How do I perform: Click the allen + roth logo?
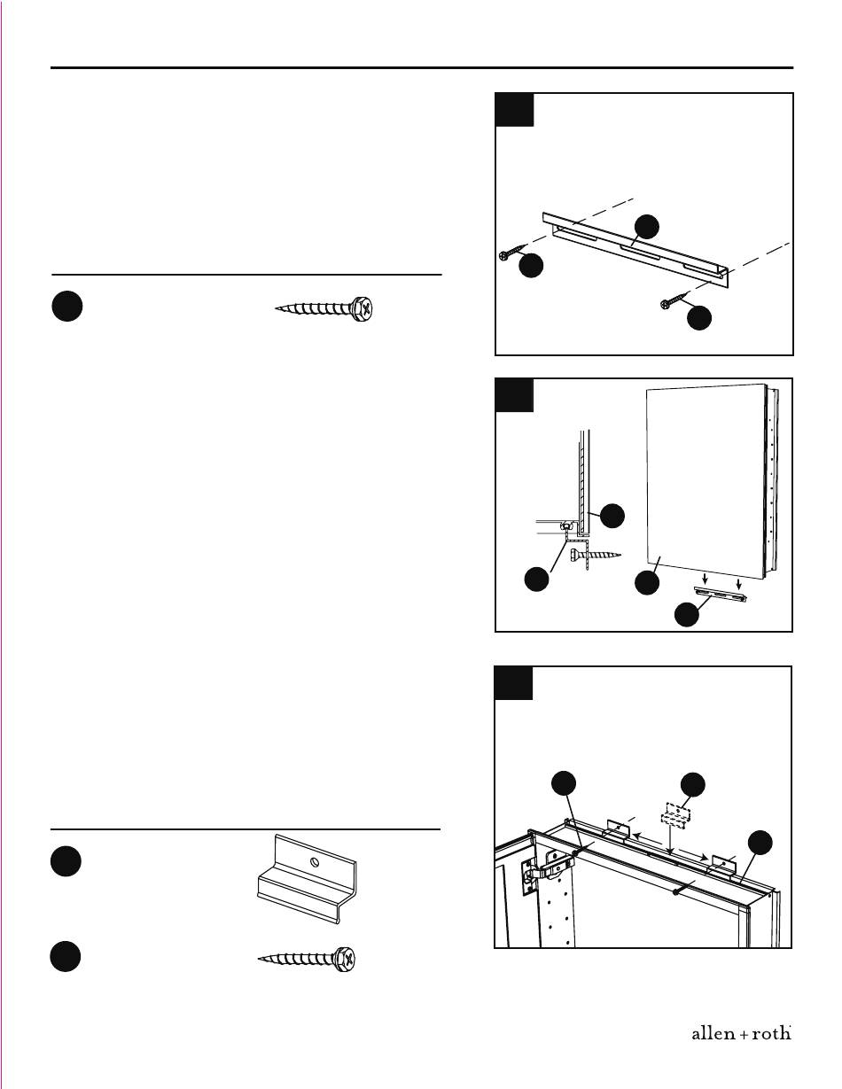click(741, 1034)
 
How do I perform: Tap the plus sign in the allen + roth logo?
click(741, 1035)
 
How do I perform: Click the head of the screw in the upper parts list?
click(363, 308)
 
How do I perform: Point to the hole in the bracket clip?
click(313, 862)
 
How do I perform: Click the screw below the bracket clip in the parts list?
click(307, 959)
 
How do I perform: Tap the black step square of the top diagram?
click(514, 109)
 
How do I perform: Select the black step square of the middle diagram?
click(514, 395)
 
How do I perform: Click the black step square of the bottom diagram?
click(514, 682)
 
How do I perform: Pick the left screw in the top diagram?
click(512, 252)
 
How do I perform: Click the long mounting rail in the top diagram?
click(636, 250)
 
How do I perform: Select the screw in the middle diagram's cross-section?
click(596, 555)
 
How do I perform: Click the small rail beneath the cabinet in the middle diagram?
click(721, 594)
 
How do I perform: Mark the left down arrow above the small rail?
click(706, 580)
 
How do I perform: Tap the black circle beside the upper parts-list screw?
click(67, 307)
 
